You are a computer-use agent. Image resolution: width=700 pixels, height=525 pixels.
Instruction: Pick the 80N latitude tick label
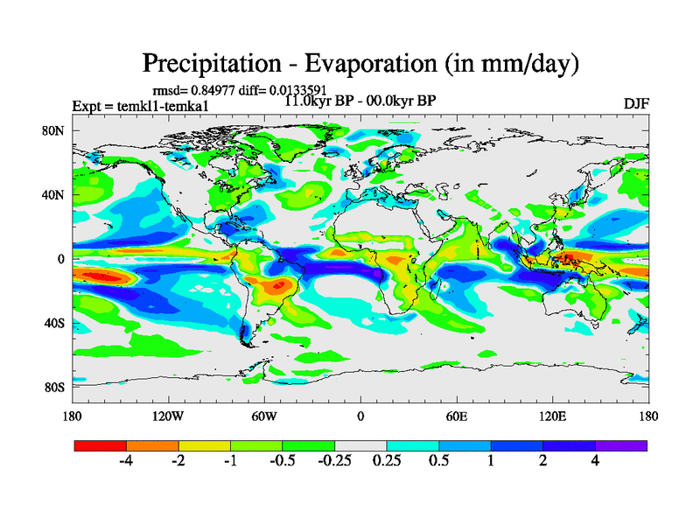click(x=57, y=130)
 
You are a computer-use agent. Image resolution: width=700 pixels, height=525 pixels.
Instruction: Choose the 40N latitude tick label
click(x=57, y=195)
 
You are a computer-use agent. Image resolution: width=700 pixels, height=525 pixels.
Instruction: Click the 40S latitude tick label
click(x=57, y=323)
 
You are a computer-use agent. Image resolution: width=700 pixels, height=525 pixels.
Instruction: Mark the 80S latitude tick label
click(x=57, y=387)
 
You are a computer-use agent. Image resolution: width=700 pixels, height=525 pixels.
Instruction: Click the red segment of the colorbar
click(x=101, y=445)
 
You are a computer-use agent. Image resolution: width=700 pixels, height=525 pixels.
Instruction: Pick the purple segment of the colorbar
click(x=621, y=445)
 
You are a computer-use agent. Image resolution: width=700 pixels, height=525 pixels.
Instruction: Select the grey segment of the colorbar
click(x=360, y=445)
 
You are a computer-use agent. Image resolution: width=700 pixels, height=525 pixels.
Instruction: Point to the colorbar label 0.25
click(x=386, y=461)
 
